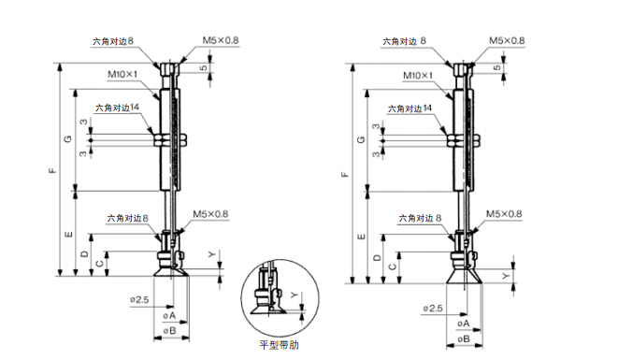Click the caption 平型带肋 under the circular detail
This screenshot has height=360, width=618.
pyautogui.click(x=279, y=345)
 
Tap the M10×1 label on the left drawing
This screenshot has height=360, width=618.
pyautogui.click(x=122, y=74)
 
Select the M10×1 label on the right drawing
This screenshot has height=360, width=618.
pyautogui.click(x=418, y=76)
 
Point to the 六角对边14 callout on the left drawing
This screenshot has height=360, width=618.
pyautogui.click(x=117, y=108)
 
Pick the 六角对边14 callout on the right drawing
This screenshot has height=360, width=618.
pyautogui.click(x=410, y=108)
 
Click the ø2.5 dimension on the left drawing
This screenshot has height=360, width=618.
pyautogui.click(x=139, y=300)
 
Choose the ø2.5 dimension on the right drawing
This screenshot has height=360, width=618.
pyautogui.click(x=433, y=309)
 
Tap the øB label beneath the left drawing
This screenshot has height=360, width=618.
pyautogui.click(x=169, y=330)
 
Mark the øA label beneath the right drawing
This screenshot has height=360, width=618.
pyautogui.click(x=464, y=324)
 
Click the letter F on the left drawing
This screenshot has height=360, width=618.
pyautogui.click(x=52, y=171)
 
